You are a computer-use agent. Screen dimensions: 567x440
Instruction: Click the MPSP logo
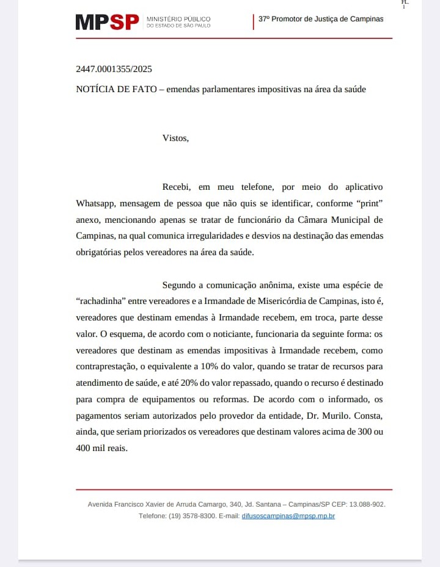(108, 23)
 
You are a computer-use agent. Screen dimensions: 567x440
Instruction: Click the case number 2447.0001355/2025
(114, 69)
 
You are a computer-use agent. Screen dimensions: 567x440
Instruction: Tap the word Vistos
(175, 138)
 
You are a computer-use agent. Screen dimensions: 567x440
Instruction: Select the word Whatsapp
(96, 203)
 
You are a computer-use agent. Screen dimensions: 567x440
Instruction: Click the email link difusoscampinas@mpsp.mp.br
(288, 516)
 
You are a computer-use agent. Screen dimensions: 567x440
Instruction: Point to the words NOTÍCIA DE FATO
(116, 89)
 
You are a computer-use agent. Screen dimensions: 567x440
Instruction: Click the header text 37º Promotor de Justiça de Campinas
(321, 19)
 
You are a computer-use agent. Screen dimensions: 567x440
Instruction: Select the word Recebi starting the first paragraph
(177, 187)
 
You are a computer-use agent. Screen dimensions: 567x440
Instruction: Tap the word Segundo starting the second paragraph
(180, 285)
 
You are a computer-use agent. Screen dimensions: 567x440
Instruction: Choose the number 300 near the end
(365, 432)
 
